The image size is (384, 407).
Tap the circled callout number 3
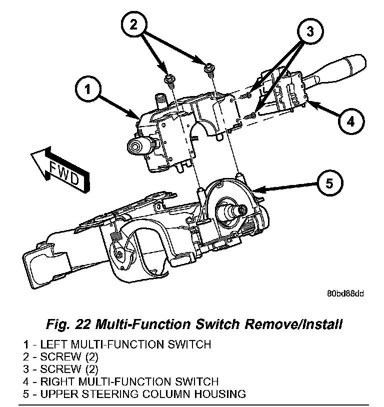point(309,31)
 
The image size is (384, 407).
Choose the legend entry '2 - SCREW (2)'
point(60,356)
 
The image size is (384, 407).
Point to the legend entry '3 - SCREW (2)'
point(60,369)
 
